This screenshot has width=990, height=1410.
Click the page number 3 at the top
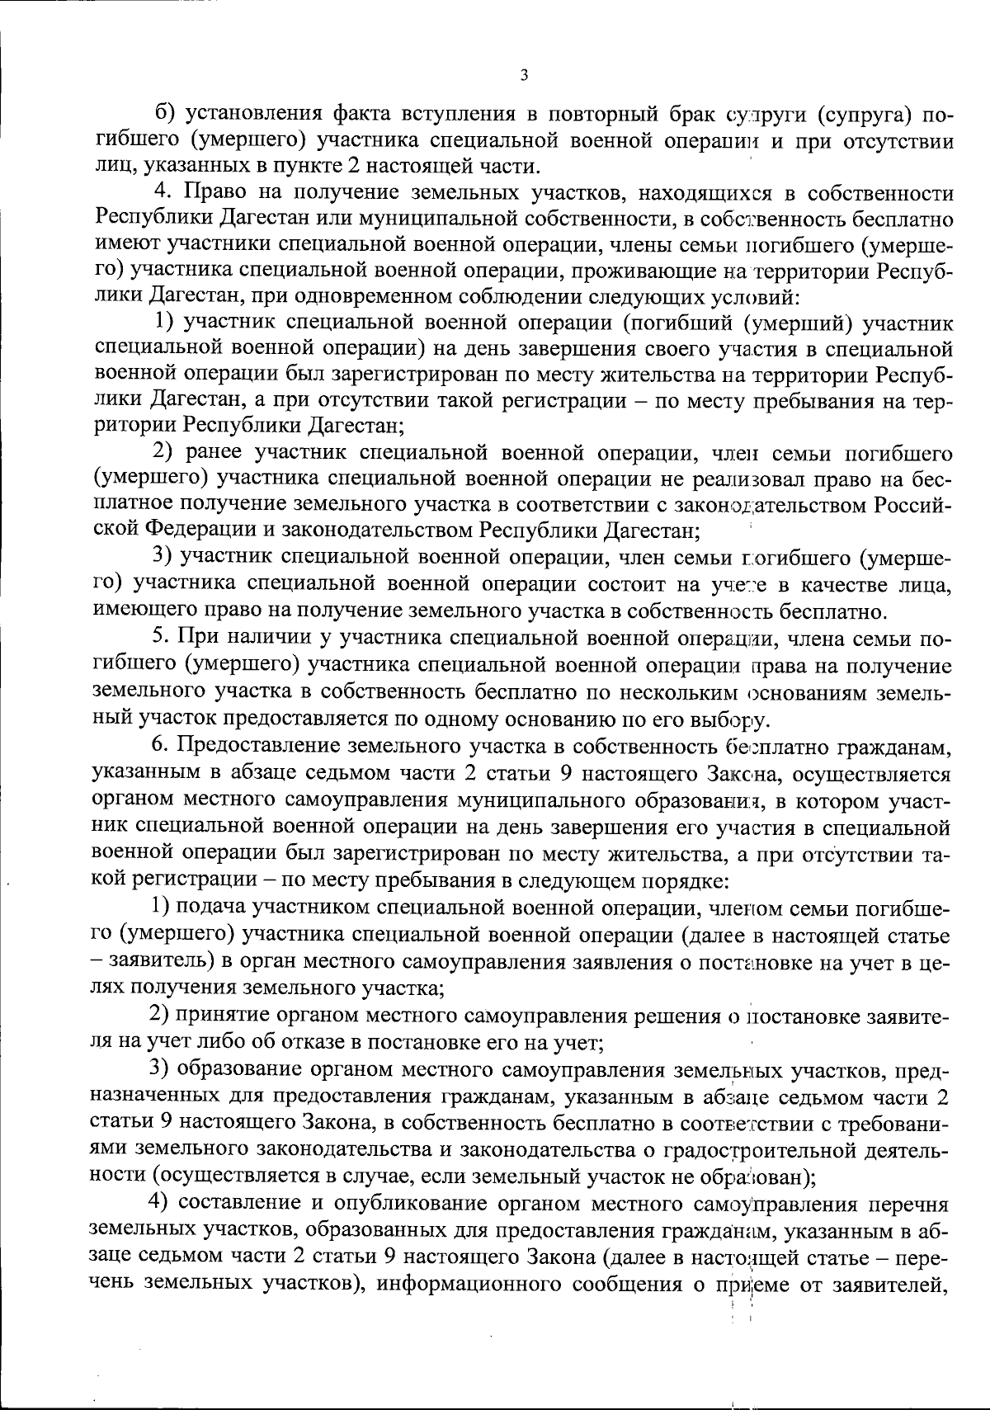(x=524, y=75)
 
